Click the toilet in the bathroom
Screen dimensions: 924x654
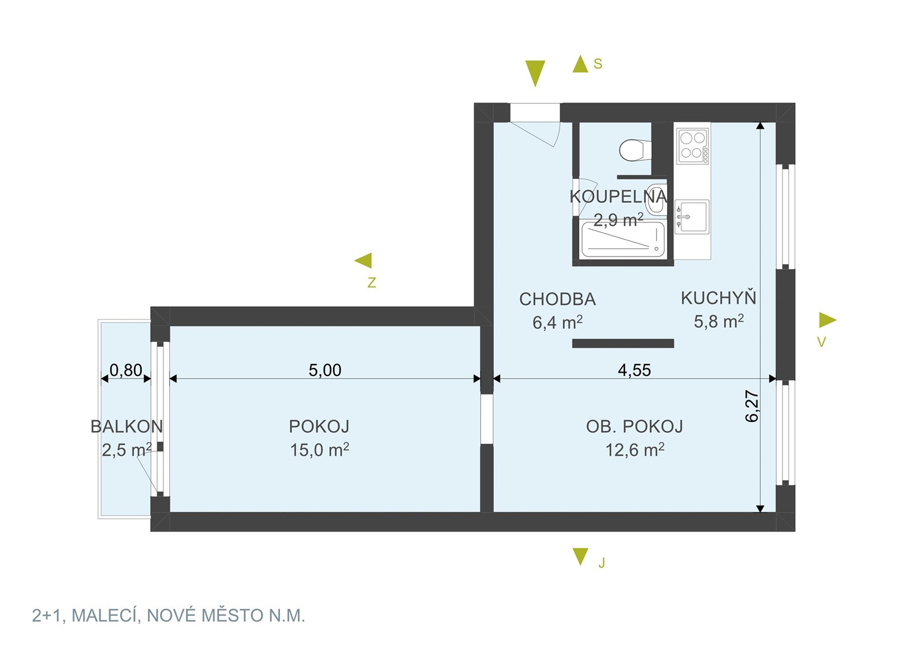point(635,151)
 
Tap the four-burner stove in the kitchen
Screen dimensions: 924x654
point(692,147)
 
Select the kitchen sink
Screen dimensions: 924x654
point(692,217)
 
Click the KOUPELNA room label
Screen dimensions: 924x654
point(618,197)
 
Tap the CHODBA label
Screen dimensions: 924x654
point(557,300)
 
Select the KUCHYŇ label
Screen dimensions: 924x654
point(718,298)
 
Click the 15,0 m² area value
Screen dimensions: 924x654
point(320,449)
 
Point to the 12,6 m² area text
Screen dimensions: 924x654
point(635,449)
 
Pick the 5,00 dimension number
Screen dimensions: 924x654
point(325,370)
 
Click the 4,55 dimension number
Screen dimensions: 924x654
point(635,370)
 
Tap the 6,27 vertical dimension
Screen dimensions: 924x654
point(752,406)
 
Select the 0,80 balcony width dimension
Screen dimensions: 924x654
point(126,370)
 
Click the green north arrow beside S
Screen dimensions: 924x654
point(580,64)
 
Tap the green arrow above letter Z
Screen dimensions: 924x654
point(363,261)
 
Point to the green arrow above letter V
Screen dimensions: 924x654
point(828,320)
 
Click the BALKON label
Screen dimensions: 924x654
point(126,426)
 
